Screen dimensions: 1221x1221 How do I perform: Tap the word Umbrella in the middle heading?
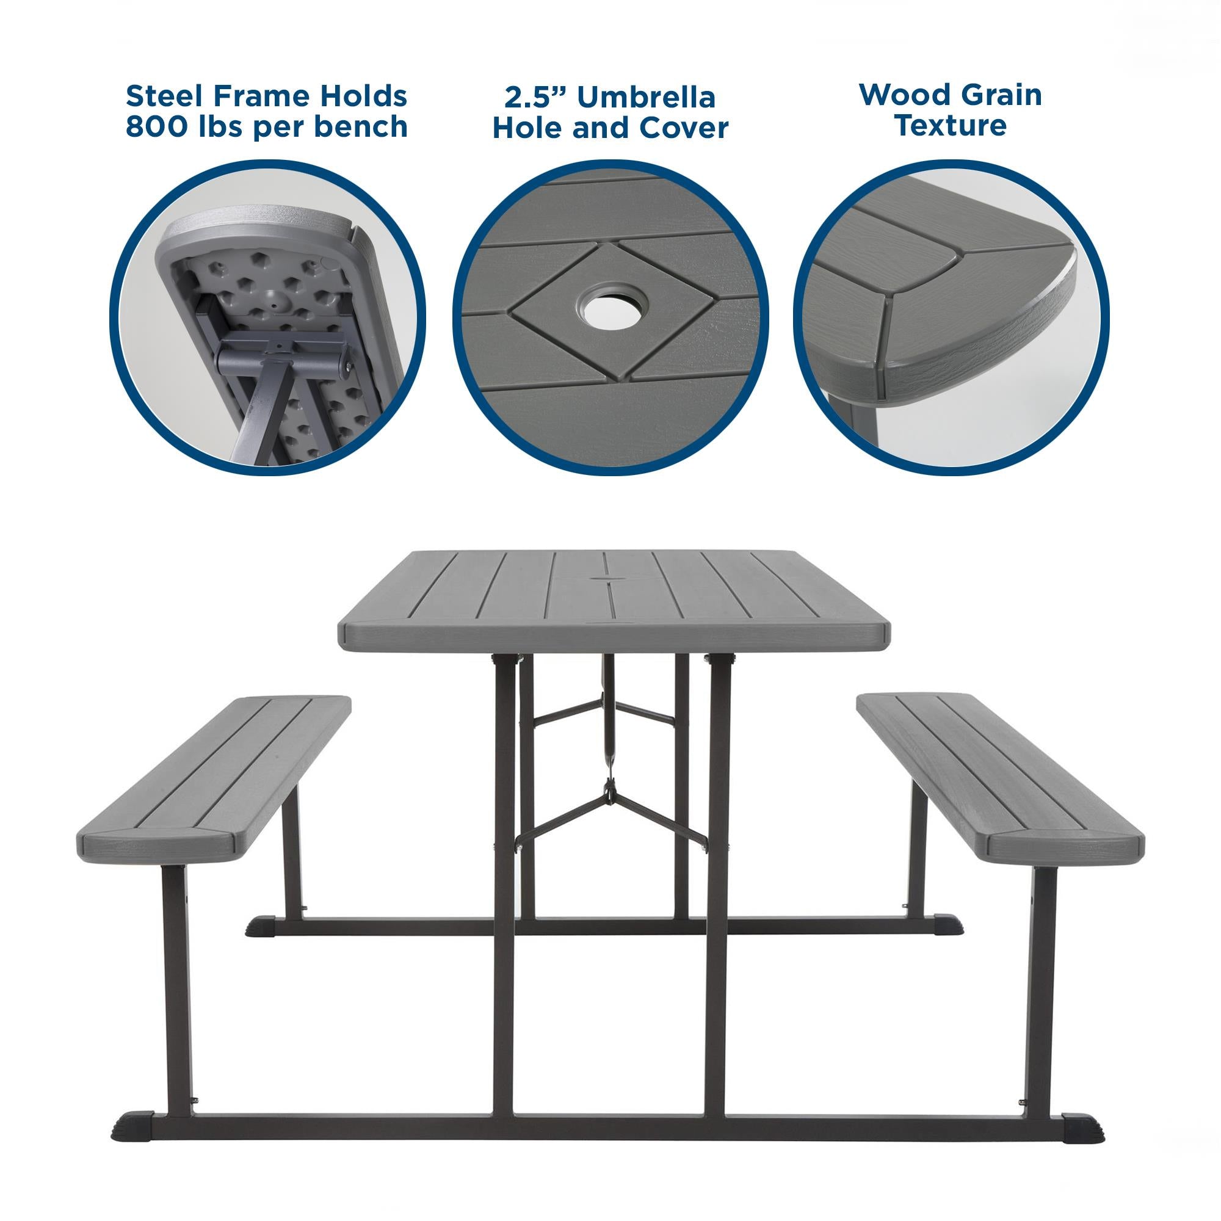645,98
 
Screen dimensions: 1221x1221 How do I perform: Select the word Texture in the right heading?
950,125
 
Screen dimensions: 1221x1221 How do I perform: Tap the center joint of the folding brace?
609,790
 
